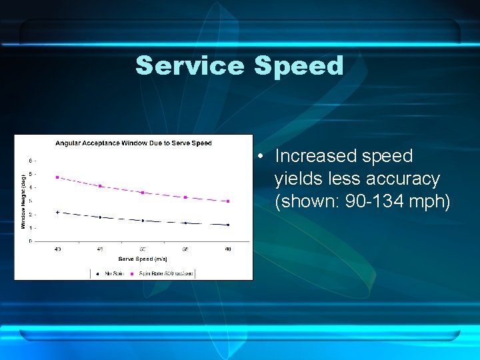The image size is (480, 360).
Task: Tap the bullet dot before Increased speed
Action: tap(264, 157)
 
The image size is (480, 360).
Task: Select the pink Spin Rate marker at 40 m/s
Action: tap(57, 177)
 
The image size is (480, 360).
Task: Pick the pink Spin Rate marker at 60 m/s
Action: tap(228, 201)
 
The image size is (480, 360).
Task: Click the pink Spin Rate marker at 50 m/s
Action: tap(143, 193)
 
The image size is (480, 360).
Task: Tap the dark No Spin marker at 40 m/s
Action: tap(57, 212)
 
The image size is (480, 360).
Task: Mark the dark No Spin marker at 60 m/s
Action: tap(228, 225)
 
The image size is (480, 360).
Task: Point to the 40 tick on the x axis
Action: tap(57, 249)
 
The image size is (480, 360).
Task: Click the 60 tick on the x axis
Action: tap(228, 249)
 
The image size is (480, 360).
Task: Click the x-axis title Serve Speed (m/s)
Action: tap(143, 258)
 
